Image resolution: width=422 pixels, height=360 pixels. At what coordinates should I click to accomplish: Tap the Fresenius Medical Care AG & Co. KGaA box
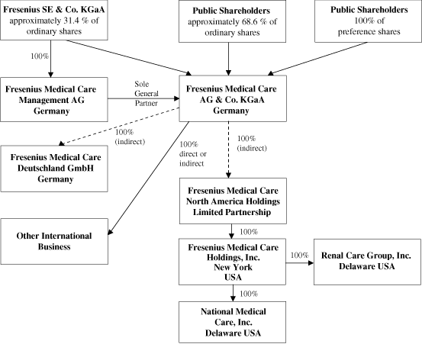click(x=232, y=97)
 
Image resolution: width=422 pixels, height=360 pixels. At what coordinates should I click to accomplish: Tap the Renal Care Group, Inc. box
click(x=366, y=261)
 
